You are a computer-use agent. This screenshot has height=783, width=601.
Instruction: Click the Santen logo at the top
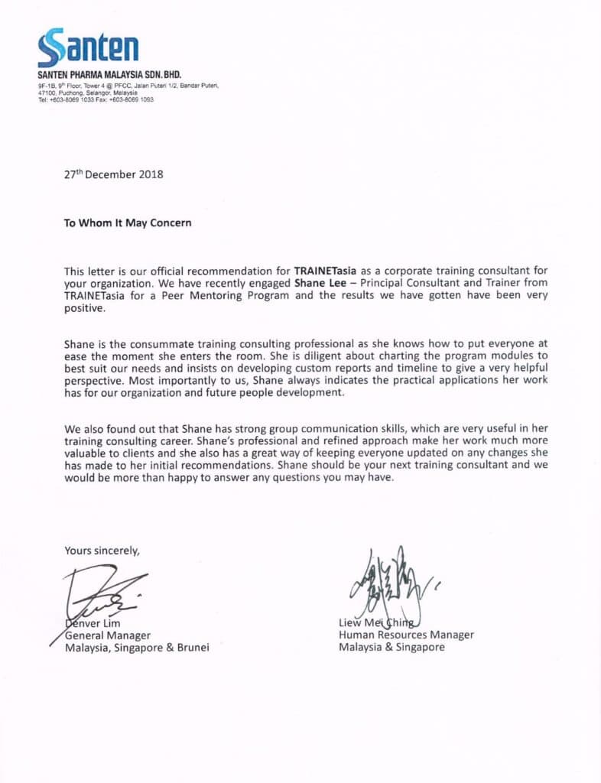(88, 47)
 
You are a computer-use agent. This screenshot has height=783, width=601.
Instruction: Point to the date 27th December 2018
(113, 174)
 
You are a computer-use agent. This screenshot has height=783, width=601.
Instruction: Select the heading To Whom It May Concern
(128, 223)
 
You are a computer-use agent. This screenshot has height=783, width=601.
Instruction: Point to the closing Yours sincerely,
(102, 550)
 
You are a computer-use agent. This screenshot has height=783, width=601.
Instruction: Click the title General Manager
(108, 635)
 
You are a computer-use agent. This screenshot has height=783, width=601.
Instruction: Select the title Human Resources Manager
(406, 635)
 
